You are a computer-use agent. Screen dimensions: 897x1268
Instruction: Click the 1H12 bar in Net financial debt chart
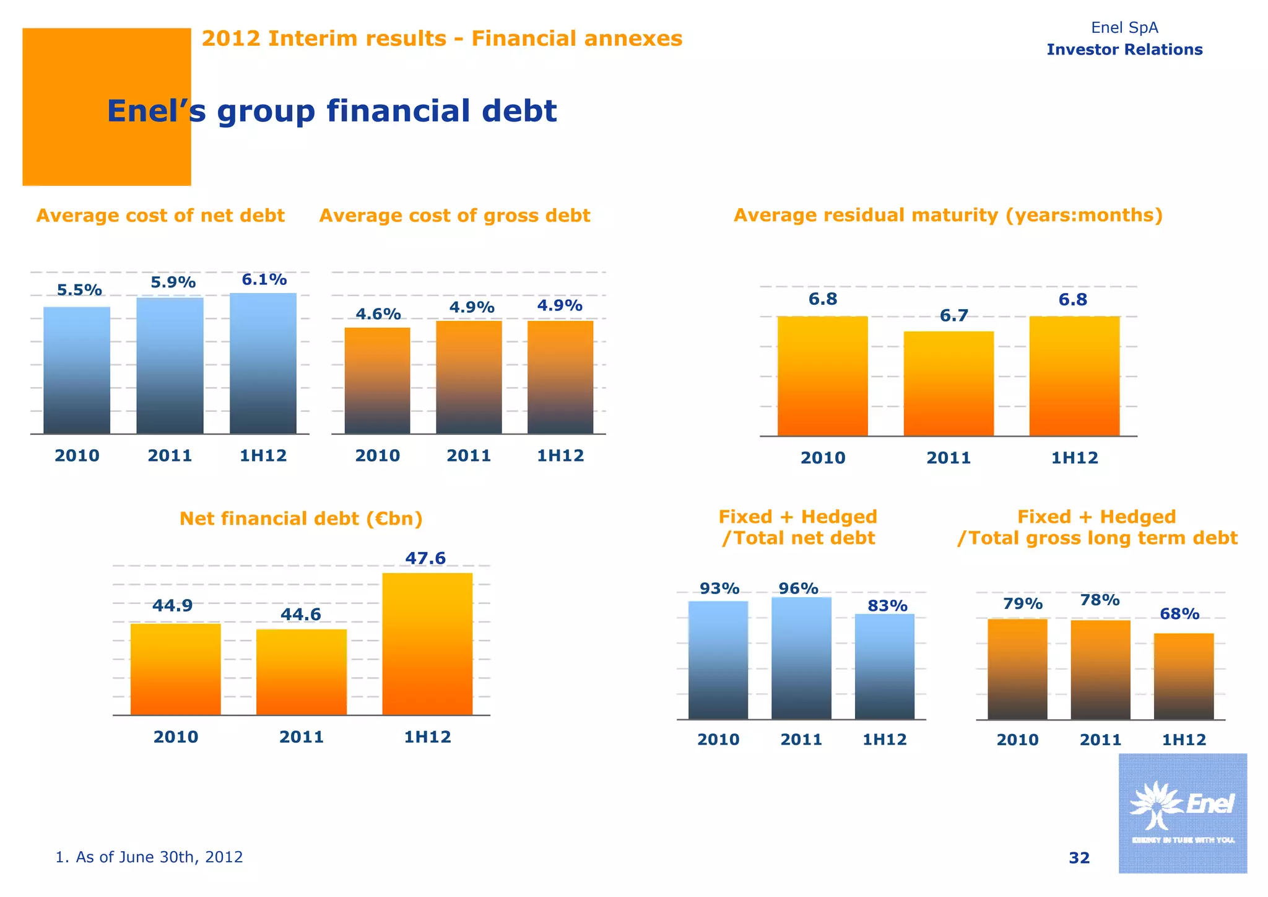pyautogui.click(x=427, y=644)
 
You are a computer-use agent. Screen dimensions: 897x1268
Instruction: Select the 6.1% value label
pyautogui.click(x=264, y=280)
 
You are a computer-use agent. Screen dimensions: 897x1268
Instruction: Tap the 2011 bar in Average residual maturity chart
pyautogui.click(x=949, y=384)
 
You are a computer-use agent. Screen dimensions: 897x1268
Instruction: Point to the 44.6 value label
pyautogui.click(x=301, y=615)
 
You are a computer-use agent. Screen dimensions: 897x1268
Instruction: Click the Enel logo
pyautogui.click(x=1183, y=813)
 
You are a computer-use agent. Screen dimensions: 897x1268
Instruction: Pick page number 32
pyautogui.click(x=1079, y=858)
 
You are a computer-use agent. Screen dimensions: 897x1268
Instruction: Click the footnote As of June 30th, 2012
pyautogui.click(x=149, y=857)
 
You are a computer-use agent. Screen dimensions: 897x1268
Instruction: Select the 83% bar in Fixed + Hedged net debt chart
pyautogui.click(x=884, y=667)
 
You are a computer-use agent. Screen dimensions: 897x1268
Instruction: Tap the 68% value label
pyautogui.click(x=1179, y=614)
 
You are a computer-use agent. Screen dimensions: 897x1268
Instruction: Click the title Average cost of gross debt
pyautogui.click(x=454, y=216)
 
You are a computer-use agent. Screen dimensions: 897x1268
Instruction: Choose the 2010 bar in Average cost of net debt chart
pyautogui.click(x=77, y=370)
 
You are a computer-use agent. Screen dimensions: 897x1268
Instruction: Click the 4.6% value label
pyautogui.click(x=378, y=314)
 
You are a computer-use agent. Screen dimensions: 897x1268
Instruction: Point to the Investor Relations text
pyautogui.click(x=1124, y=50)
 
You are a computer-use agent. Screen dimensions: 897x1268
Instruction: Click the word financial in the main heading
pyautogui.click(x=393, y=112)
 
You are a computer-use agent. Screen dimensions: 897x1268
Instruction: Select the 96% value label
pyautogui.click(x=799, y=589)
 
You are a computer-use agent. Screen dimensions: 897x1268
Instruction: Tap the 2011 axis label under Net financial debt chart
pyautogui.click(x=302, y=737)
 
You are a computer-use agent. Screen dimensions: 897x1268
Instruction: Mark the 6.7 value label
pyautogui.click(x=954, y=316)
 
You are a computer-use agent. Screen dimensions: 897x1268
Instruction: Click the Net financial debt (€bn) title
pyautogui.click(x=301, y=519)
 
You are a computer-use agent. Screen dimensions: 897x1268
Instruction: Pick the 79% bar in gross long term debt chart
pyautogui.click(x=1017, y=669)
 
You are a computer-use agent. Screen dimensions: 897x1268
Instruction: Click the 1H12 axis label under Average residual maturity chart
pyautogui.click(x=1075, y=458)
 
